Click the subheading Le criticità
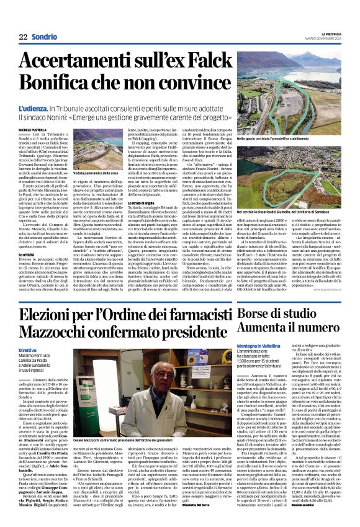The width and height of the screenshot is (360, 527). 27,236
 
